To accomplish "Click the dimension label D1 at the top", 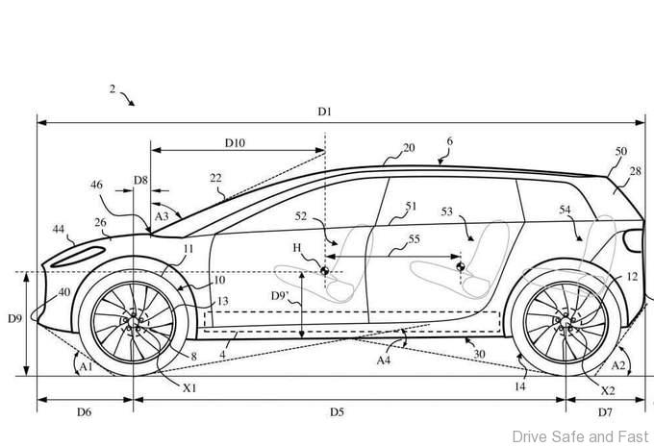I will pos(324,112).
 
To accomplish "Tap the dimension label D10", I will pos(236,143).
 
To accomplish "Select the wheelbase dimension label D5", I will pos(336,411).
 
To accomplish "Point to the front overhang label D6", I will pos(84,411).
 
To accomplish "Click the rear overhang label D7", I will pos(605,411).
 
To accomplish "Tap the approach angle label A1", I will pos(86,365).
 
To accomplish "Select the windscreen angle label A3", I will pos(162,217).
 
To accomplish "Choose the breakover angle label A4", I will pos(383,360).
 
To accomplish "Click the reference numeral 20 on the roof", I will pos(409,148).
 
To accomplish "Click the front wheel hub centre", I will pos(132,320).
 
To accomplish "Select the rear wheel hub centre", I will pos(566,320).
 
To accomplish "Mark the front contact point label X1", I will pos(189,388).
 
